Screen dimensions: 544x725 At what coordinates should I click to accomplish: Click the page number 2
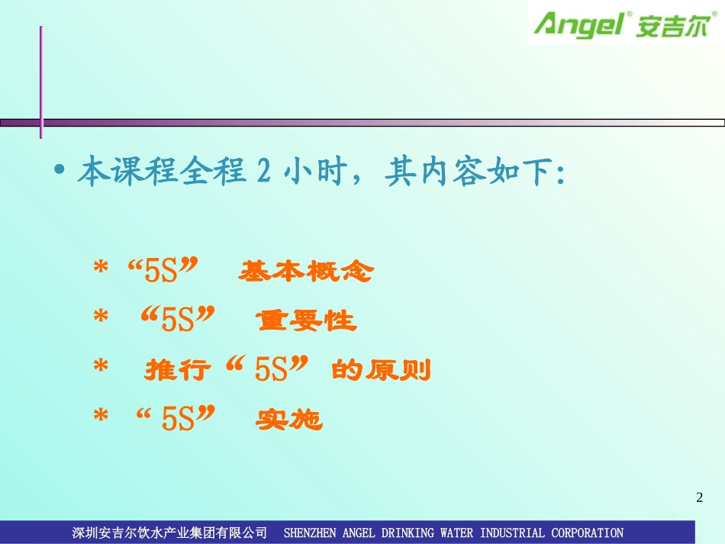[x=700, y=498]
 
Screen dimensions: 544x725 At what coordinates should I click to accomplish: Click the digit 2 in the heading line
[x=263, y=172]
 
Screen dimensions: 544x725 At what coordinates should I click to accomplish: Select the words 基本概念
[x=305, y=272]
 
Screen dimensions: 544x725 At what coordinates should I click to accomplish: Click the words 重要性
[x=307, y=321]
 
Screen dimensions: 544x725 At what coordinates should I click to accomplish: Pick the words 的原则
[x=382, y=372]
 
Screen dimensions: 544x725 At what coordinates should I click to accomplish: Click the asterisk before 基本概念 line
[x=100, y=272]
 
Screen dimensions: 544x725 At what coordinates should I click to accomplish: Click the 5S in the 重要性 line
[x=179, y=321]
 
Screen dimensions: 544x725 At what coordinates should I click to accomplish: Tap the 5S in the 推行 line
[x=270, y=372]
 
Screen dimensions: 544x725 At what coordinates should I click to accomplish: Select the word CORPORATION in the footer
[x=587, y=533]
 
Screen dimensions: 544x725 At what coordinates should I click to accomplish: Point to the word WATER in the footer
[x=452, y=533]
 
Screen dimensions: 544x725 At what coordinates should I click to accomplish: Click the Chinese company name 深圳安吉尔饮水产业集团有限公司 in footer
[x=169, y=533]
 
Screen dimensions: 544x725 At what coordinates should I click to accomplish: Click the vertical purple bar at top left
[x=41, y=82]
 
